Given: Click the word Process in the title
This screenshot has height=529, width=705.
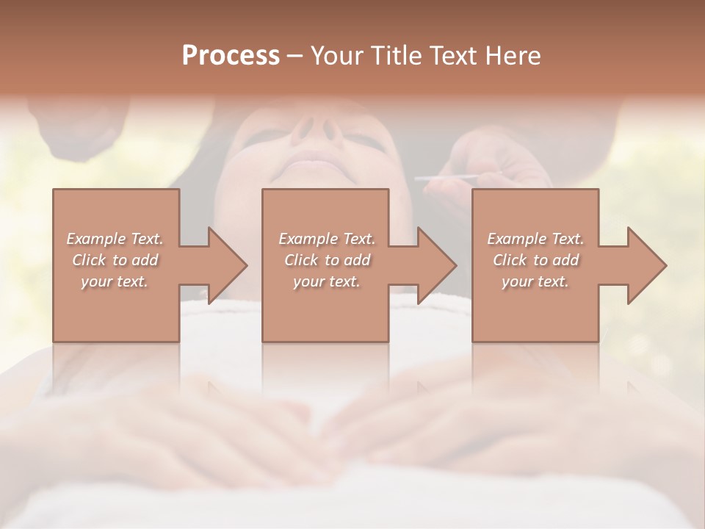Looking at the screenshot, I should tap(231, 56).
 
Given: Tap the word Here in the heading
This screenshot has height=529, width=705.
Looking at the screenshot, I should tap(513, 56).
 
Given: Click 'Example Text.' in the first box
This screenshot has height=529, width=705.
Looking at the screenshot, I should tap(115, 239).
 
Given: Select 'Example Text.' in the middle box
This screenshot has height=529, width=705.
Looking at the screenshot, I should tap(326, 239).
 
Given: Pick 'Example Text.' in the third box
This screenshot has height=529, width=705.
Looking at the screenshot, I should tap(535, 239).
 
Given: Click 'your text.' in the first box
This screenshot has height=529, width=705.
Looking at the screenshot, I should tap(115, 281).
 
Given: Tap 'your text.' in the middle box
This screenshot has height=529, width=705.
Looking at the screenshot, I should tap(326, 281).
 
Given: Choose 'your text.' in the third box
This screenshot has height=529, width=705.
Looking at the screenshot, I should tap(535, 281).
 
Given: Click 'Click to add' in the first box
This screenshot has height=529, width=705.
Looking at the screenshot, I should tap(115, 260).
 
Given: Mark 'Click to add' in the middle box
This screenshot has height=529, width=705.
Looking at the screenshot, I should tap(326, 260).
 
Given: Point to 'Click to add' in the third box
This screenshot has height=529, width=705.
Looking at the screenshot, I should tap(535, 260).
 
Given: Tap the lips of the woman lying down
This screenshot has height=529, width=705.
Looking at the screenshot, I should tap(316, 159).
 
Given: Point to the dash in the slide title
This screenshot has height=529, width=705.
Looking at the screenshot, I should tap(294, 57).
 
